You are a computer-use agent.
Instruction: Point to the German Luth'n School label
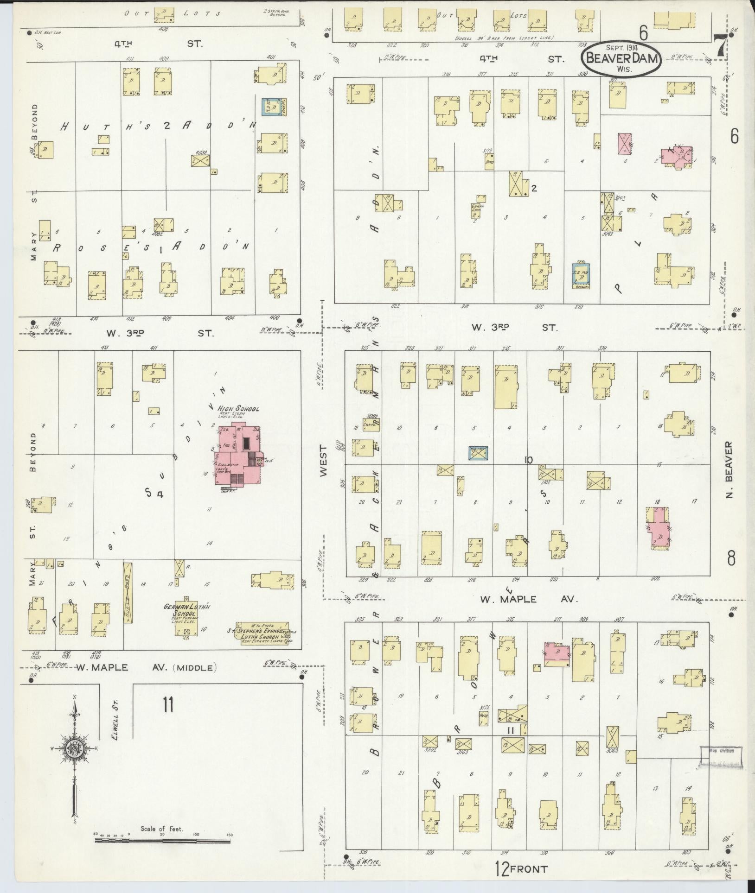pos(187,610)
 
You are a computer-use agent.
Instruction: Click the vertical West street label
pos(323,460)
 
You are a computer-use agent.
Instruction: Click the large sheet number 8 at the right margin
pos(731,559)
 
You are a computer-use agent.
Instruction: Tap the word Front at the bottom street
pos(529,869)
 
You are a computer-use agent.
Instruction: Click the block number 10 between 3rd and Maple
pos(528,460)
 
